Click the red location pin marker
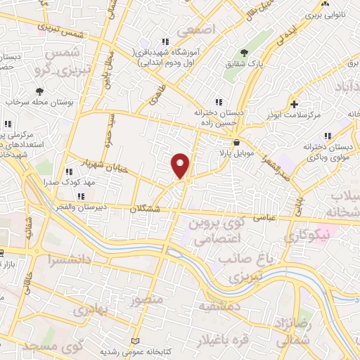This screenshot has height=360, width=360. coord(181,165)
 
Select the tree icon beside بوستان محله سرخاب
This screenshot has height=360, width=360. coord(39,91)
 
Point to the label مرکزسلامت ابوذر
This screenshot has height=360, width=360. coord(293,113)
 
